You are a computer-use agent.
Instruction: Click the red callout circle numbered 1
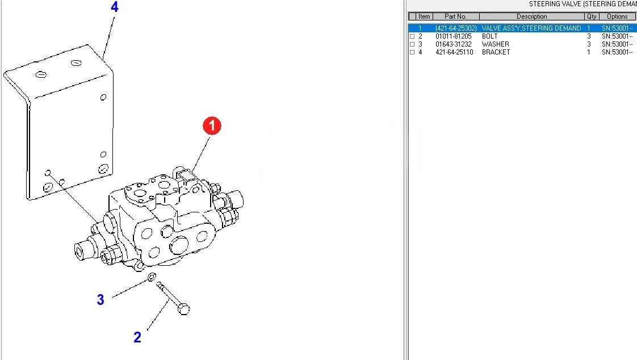click(x=212, y=126)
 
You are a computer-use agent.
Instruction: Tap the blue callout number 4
click(x=115, y=7)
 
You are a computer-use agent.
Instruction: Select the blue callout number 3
click(x=100, y=299)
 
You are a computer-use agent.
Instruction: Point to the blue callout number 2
click(x=137, y=337)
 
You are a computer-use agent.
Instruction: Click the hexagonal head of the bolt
click(x=183, y=309)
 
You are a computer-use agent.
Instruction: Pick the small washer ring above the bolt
click(x=152, y=277)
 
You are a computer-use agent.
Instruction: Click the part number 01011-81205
click(x=454, y=36)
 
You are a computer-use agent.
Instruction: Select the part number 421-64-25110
click(x=454, y=52)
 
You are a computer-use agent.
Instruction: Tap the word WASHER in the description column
click(x=495, y=44)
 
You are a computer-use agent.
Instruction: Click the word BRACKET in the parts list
click(x=496, y=52)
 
